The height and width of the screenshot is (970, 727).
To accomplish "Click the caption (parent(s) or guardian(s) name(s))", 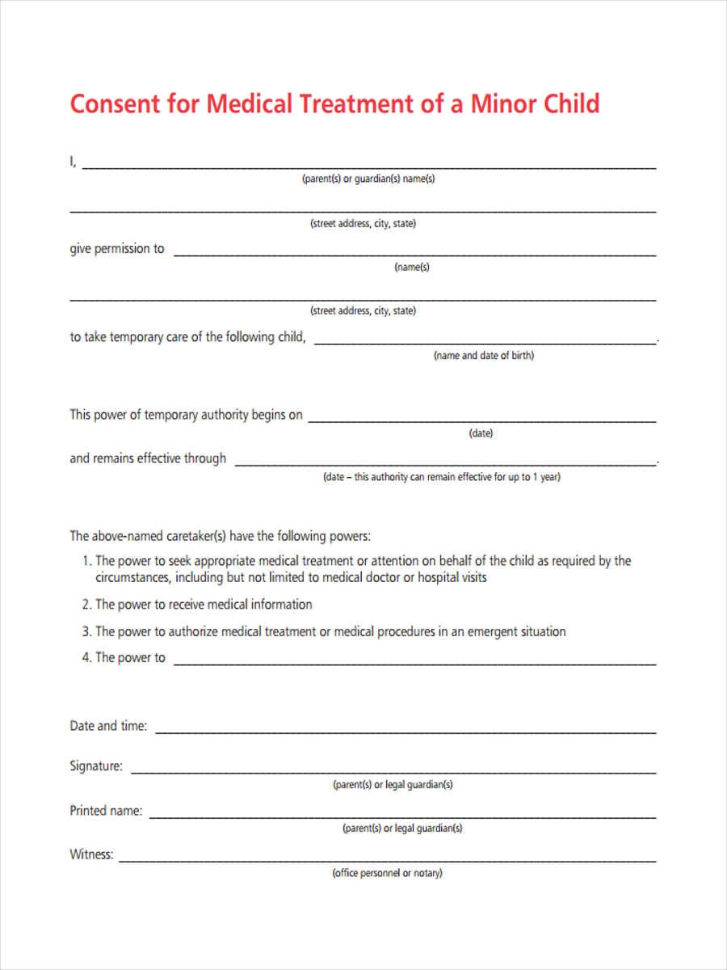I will pos(368,179).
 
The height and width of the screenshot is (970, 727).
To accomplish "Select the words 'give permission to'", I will pos(117,249).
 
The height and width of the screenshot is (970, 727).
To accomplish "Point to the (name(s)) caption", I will pos(412,268).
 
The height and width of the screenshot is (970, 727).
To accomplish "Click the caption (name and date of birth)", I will pos(484,356).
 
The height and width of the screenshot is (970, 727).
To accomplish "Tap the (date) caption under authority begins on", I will pos(481,434).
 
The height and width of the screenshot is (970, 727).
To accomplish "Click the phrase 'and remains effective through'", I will pos(148,458).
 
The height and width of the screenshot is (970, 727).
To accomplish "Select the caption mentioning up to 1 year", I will pos(442,478).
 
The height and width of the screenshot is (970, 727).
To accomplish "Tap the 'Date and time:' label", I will pos(108,726).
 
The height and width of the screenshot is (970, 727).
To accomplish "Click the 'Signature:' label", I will pos(96,766).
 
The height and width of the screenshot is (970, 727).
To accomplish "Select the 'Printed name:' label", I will pos(106,811).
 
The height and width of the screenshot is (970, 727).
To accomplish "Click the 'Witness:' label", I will pos(91,854).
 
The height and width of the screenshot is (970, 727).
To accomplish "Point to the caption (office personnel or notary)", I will pos(387,874).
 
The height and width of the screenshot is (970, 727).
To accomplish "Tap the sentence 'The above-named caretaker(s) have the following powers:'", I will pos(220,536).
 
